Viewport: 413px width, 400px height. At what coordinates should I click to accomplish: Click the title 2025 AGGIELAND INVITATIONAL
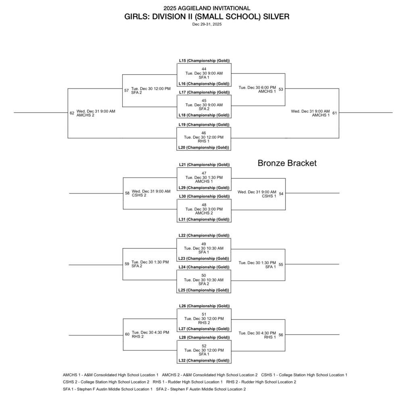pos(206,8)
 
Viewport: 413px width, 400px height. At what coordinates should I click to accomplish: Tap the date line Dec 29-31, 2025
pos(206,24)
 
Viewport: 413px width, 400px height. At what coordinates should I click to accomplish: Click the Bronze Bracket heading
pos(287,163)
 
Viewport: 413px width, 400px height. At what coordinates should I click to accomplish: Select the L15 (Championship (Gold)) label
pos(204,61)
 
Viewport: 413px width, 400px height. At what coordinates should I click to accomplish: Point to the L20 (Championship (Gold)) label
pos(204,148)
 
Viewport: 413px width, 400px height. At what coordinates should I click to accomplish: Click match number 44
pos(204,69)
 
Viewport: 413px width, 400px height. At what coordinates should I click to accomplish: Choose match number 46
pos(204,133)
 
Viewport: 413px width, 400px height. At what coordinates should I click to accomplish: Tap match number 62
pos(72,113)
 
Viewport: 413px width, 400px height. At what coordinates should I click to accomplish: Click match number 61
pos(335,113)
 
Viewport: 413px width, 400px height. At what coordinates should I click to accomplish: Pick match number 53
pos(281,89)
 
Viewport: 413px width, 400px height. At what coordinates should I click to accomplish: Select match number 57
pos(127,90)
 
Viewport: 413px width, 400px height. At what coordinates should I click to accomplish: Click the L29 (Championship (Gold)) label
pos(204,188)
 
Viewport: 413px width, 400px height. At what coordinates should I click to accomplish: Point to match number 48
pos(204,205)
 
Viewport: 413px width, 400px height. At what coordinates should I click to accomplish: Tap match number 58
pos(127,193)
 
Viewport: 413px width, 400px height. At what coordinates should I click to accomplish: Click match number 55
pos(281,265)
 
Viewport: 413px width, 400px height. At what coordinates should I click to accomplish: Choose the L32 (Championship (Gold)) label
pos(204,360)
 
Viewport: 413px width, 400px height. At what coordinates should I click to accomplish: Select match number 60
pos(127,334)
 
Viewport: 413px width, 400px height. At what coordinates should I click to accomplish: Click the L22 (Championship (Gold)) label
pos(204,235)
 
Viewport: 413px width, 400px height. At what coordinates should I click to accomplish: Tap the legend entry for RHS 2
pos(261,382)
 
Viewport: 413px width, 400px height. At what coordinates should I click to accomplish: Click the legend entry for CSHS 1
pos(304,375)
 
